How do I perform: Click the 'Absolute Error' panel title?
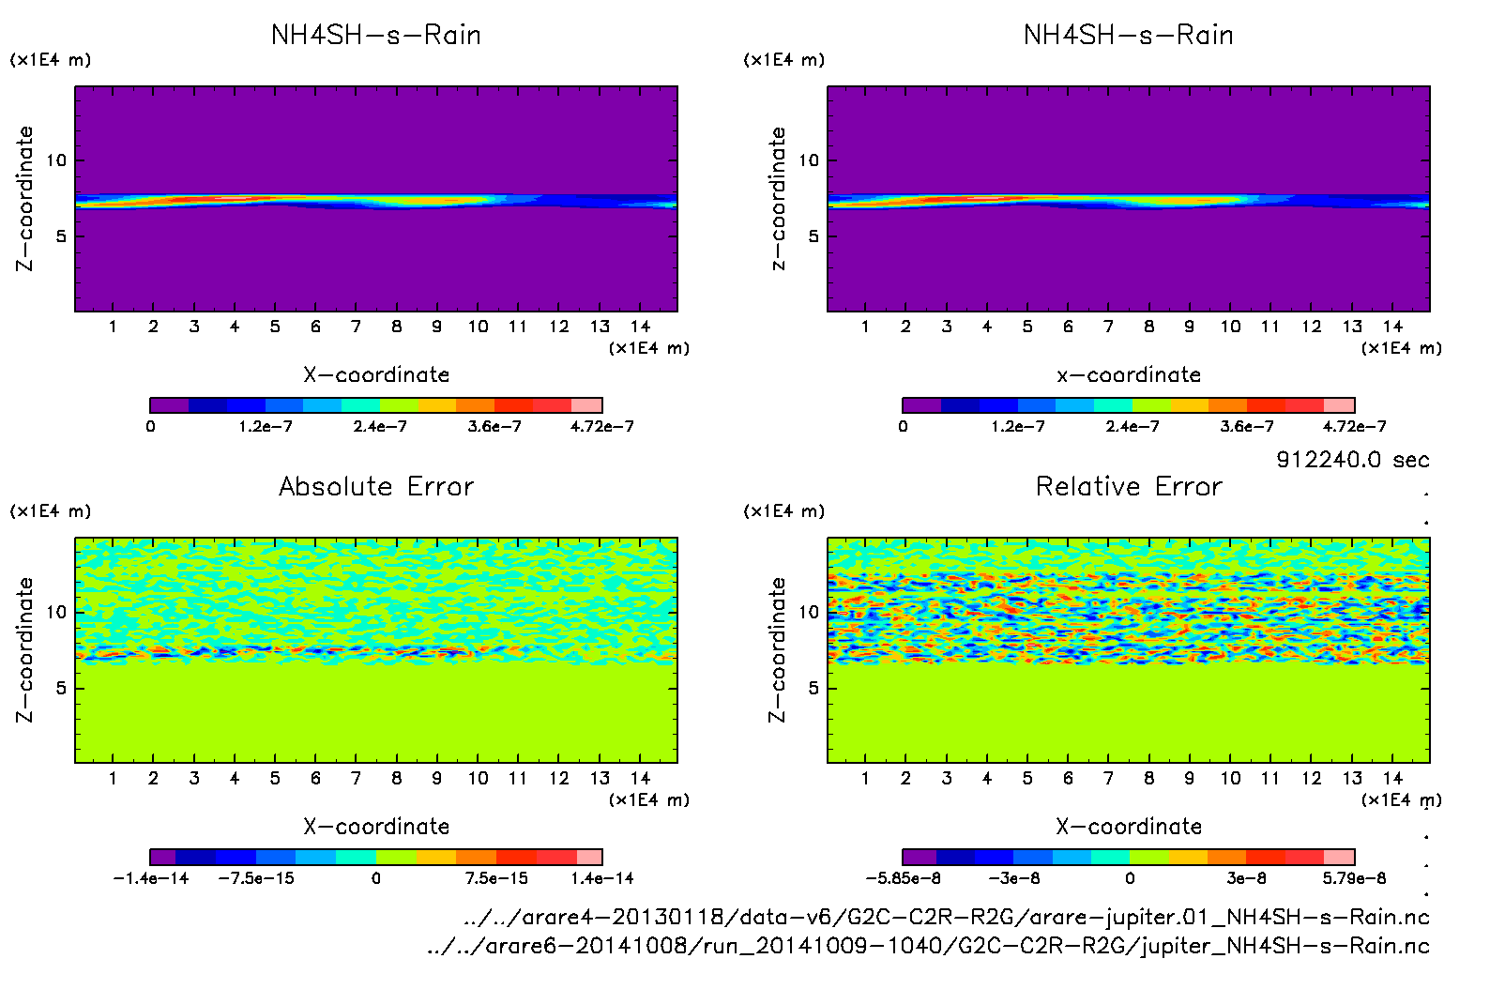(376, 486)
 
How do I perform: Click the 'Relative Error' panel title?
(1129, 486)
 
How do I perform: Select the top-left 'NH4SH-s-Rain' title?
(376, 35)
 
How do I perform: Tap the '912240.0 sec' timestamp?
(1352, 460)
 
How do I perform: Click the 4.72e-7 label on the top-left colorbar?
(601, 426)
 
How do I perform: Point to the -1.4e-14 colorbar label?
(151, 878)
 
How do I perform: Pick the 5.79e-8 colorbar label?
(1354, 878)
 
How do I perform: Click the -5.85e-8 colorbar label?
(904, 878)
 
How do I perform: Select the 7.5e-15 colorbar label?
(496, 878)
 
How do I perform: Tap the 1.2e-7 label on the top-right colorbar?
(1018, 426)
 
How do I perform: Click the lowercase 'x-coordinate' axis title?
(1129, 374)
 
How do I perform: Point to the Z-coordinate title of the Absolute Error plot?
(24, 649)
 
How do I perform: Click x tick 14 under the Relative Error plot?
(1392, 778)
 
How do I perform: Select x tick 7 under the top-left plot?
(356, 327)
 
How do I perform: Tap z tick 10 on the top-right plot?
(809, 160)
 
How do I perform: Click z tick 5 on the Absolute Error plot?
(61, 688)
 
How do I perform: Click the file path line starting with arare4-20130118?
(946, 917)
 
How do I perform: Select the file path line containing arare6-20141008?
(928, 946)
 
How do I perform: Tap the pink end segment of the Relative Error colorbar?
(1339, 857)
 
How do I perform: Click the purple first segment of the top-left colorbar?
(170, 405)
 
